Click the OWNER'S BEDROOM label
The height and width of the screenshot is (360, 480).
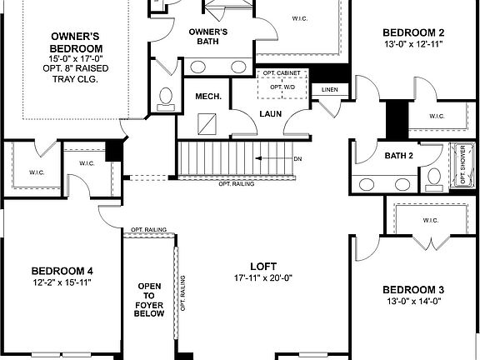pyautogui.click(x=76, y=43)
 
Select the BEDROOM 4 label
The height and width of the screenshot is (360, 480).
pyautogui.click(x=62, y=271)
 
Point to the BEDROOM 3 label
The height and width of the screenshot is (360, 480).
pyautogui.click(x=413, y=290)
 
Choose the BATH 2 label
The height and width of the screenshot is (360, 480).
pyautogui.click(x=399, y=155)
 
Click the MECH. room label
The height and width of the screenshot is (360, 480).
pyautogui.click(x=208, y=97)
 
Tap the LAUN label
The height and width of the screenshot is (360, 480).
pyautogui.click(x=270, y=113)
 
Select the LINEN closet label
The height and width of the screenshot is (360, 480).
pyautogui.click(x=329, y=89)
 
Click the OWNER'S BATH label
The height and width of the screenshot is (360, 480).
pyautogui.click(x=207, y=37)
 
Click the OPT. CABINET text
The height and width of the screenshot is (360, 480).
pyautogui.click(x=282, y=74)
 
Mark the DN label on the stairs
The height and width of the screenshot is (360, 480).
pyautogui.click(x=297, y=158)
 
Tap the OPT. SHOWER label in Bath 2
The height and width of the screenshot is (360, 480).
pyautogui.click(x=463, y=167)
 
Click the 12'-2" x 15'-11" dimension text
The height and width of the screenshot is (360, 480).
pyautogui.click(x=62, y=283)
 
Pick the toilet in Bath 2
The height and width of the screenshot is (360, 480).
pyautogui.click(x=434, y=177)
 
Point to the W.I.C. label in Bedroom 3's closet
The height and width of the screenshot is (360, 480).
pyautogui.click(x=430, y=221)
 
